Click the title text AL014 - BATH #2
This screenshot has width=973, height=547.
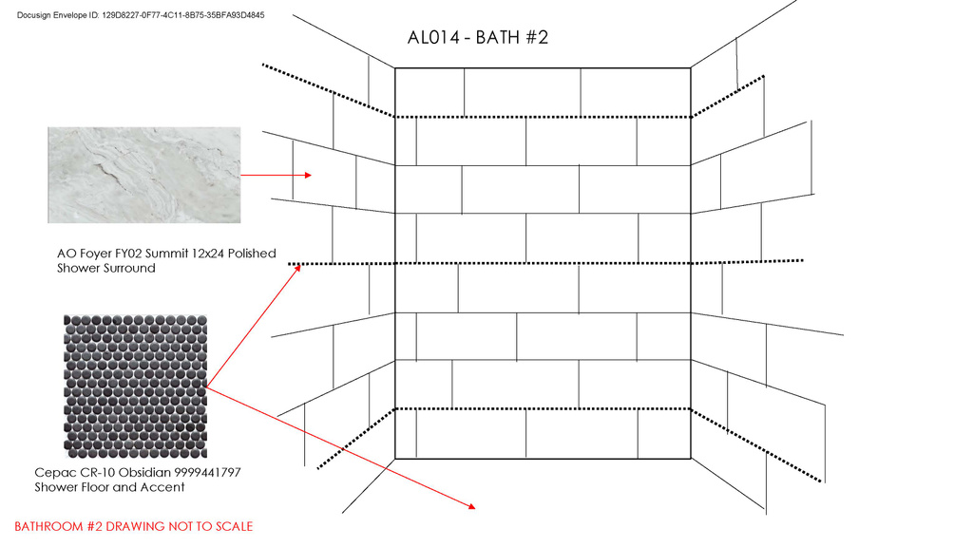477,38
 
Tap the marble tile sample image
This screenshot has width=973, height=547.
143,176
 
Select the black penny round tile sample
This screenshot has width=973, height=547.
135,387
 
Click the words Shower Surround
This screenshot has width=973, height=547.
105,269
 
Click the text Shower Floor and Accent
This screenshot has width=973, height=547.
109,487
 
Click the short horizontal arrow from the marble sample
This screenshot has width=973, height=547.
276,176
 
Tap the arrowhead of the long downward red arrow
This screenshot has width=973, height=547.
471,507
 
